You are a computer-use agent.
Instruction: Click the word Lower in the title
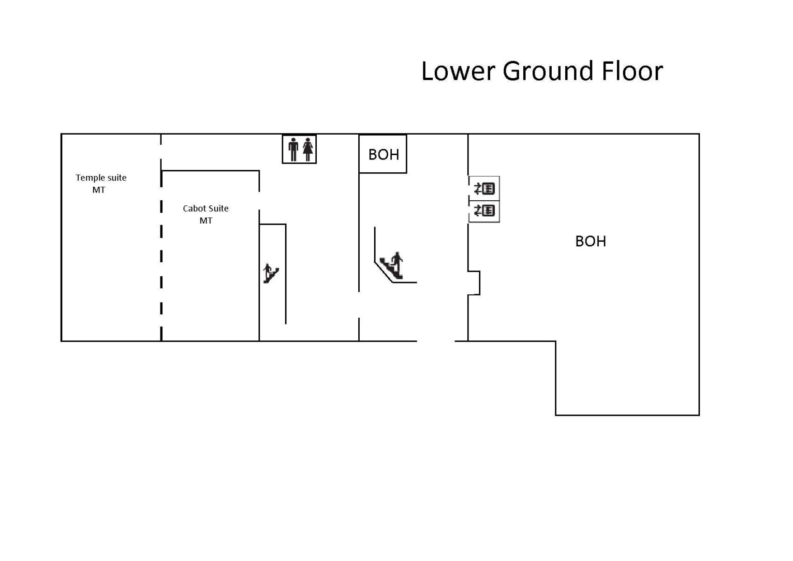(x=458, y=71)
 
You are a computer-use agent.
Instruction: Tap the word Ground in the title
(x=548, y=71)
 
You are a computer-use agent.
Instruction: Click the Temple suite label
(x=101, y=178)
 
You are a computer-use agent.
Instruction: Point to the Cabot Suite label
(x=206, y=208)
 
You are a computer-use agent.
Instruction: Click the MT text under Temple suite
(x=99, y=190)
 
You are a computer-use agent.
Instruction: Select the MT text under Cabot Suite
(x=206, y=221)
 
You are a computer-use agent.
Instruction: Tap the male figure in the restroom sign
(x=293, y=149)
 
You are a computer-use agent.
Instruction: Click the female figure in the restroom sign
(x=308, y=149)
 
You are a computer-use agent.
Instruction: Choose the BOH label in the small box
(x=384, y=155)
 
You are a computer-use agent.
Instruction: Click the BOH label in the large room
(x=591, y=241)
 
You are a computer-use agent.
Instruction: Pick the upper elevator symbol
(x=484, y=189)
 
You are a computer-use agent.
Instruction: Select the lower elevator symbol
(x=484, y=211)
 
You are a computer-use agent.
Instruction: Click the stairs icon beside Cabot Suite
(x=271, y=273)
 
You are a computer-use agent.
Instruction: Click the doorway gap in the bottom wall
(x=436, y=341)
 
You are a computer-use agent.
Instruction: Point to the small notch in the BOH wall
(x=474, y=283)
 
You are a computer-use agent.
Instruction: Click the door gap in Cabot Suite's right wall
(x=259, y=201)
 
